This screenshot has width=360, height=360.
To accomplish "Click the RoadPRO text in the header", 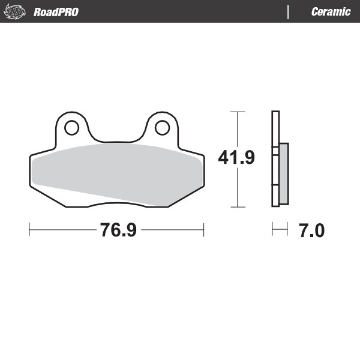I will coord(56,12).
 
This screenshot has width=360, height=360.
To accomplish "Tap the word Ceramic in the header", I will coord(331,12).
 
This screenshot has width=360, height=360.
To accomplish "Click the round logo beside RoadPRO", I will coord(17,12).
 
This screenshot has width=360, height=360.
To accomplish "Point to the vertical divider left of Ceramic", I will coord(289,12).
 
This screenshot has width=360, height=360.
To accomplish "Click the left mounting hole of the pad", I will coord(71,127).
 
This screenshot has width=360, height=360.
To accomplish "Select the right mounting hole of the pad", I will coord(161,127).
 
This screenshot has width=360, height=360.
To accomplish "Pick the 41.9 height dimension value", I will coord(236,158).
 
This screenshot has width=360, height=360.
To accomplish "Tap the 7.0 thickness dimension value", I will coord(311,230).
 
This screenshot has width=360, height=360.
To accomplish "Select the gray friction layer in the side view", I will coord(283,173).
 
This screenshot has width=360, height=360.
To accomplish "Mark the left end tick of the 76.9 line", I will coord(29,230).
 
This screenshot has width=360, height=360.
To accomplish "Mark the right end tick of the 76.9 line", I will coord(204,230).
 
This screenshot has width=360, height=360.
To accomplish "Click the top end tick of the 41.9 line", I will coord(238,112).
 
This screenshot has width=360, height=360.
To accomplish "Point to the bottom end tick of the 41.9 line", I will coord(238,207).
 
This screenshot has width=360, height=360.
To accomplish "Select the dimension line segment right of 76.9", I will coord(173,230).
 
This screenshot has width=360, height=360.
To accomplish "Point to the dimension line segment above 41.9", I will coord(238,129).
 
